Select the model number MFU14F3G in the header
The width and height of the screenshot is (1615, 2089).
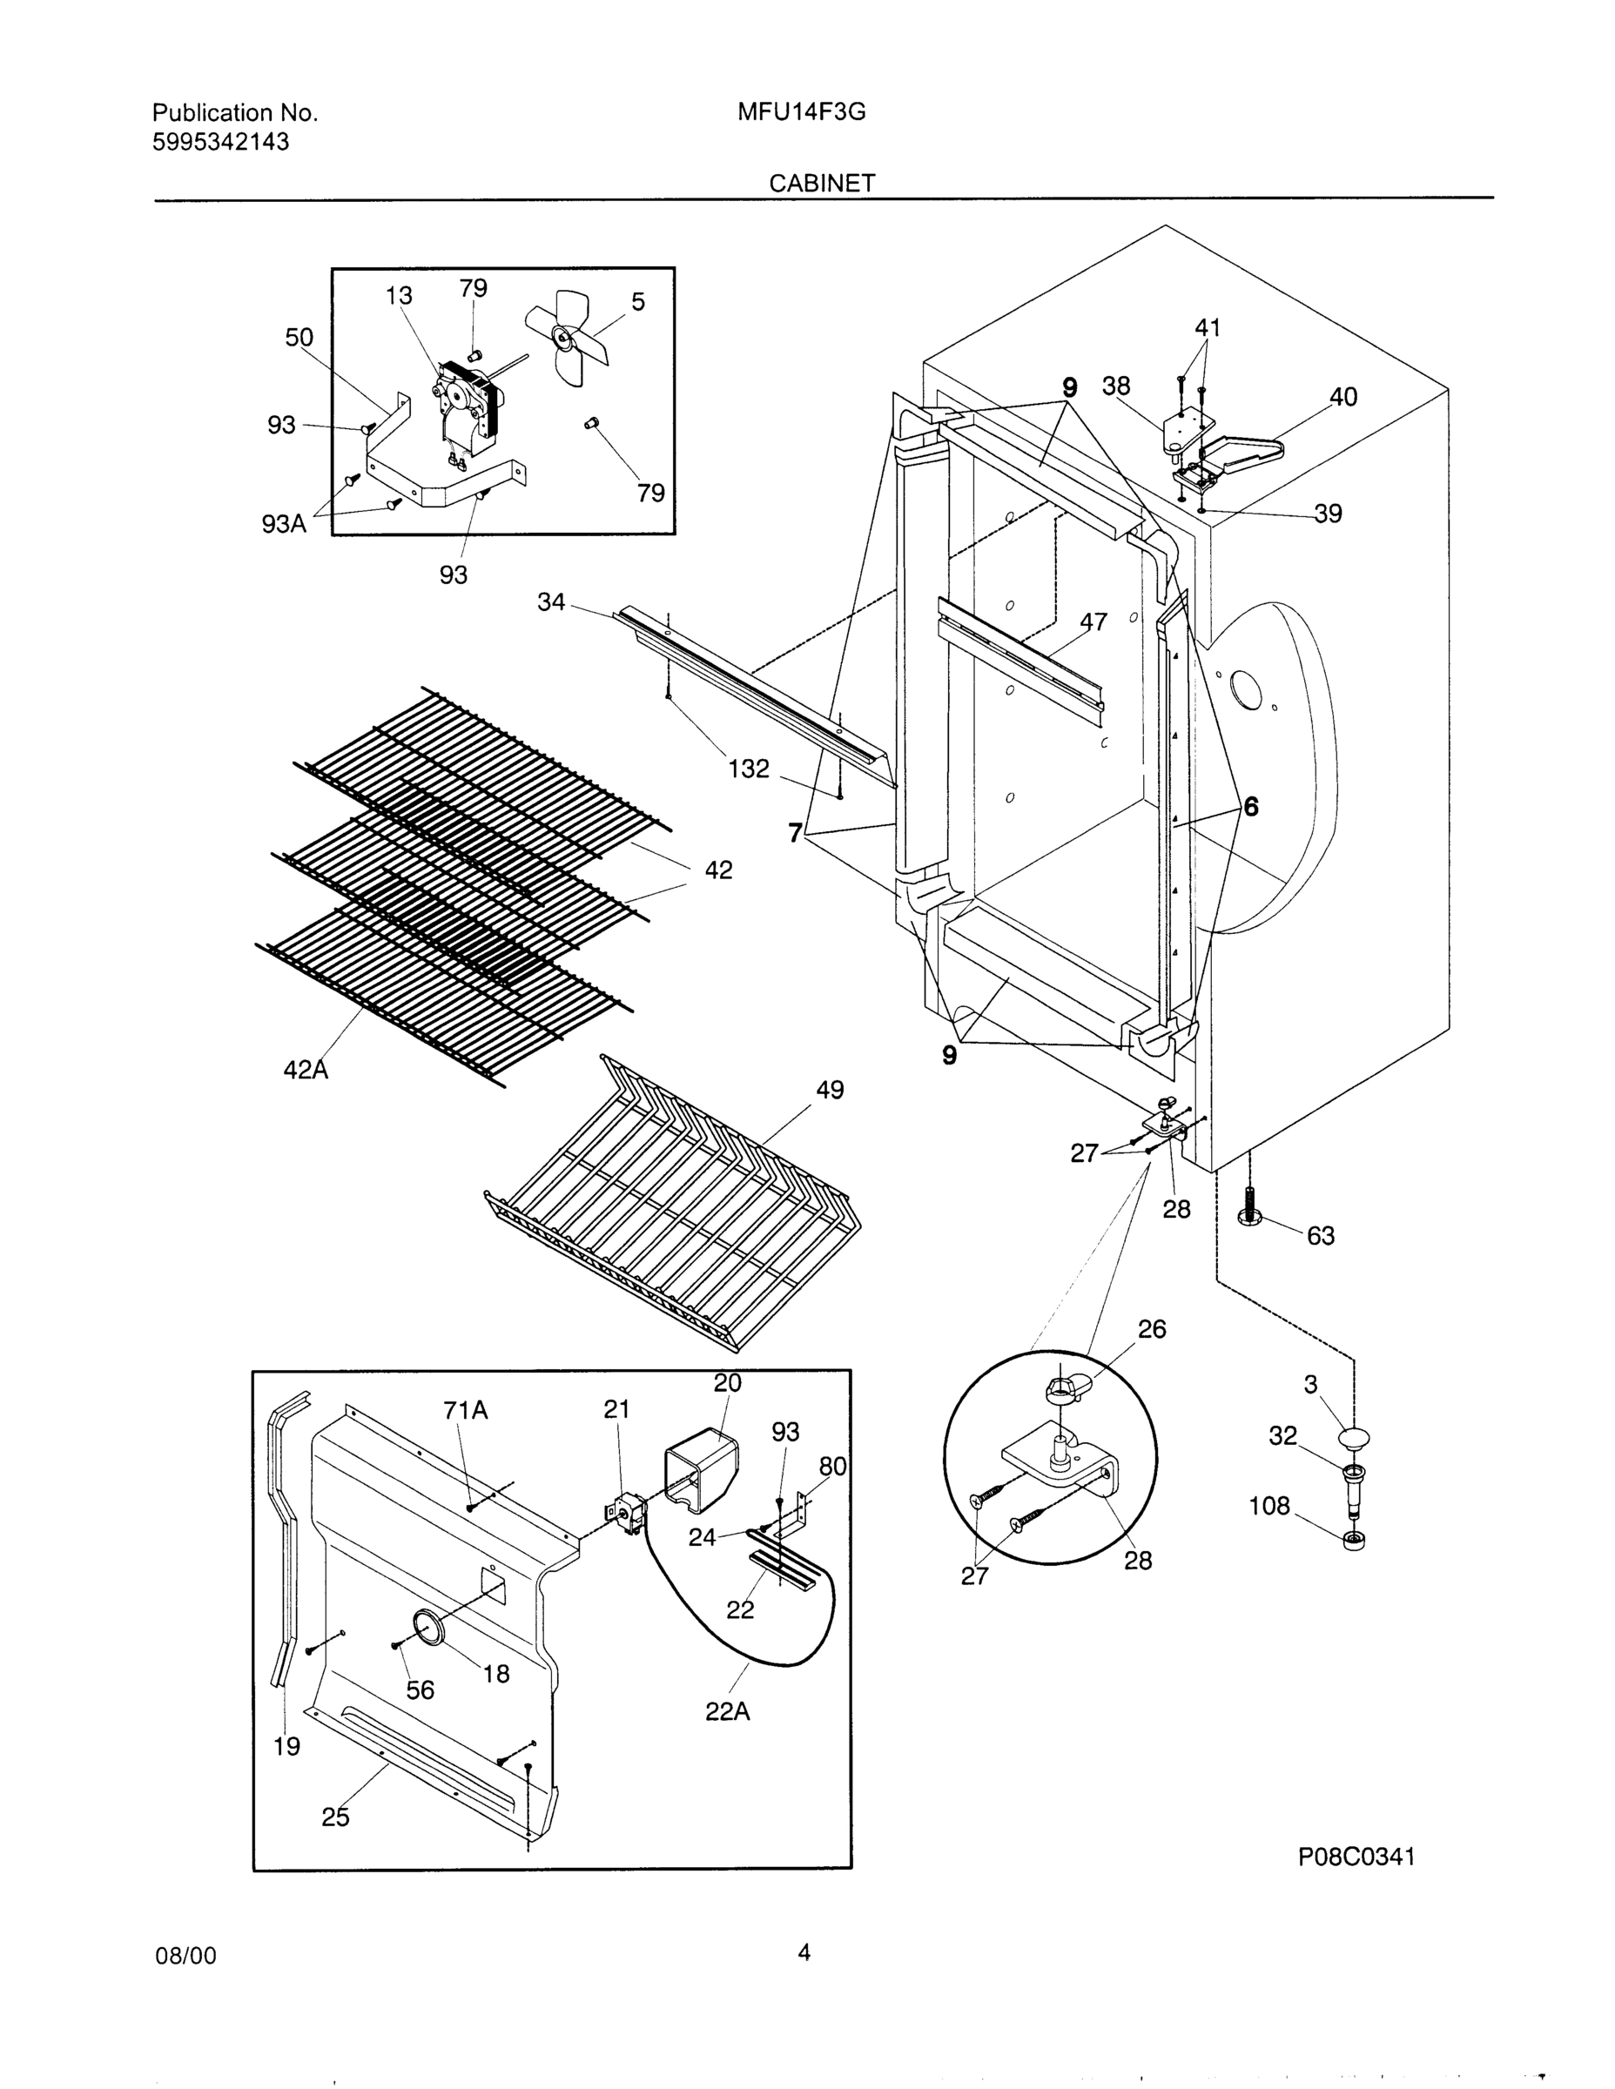click(x=801, y=113)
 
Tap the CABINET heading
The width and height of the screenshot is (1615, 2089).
click(x=822, y=184)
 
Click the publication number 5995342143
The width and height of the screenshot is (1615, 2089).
click(x=221, y=143)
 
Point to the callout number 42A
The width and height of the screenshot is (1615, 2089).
click(x=306, y=1071)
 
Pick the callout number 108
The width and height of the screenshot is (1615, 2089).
click(x=1269, y=1507)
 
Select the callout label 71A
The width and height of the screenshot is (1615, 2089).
click(x=465, y=1410)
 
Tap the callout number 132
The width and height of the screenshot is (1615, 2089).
click(x=748, y=769)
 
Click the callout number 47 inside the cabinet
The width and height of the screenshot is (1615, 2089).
click(x=1093, y=621)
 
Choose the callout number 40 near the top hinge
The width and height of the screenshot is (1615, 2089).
click(x=1342, y=397)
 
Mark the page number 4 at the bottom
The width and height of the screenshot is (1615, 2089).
click(x=804, y=1952)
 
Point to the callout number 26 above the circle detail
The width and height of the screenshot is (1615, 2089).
click(x=1152, y=1329)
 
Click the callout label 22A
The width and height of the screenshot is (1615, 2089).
click(x=727, y=1712)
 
